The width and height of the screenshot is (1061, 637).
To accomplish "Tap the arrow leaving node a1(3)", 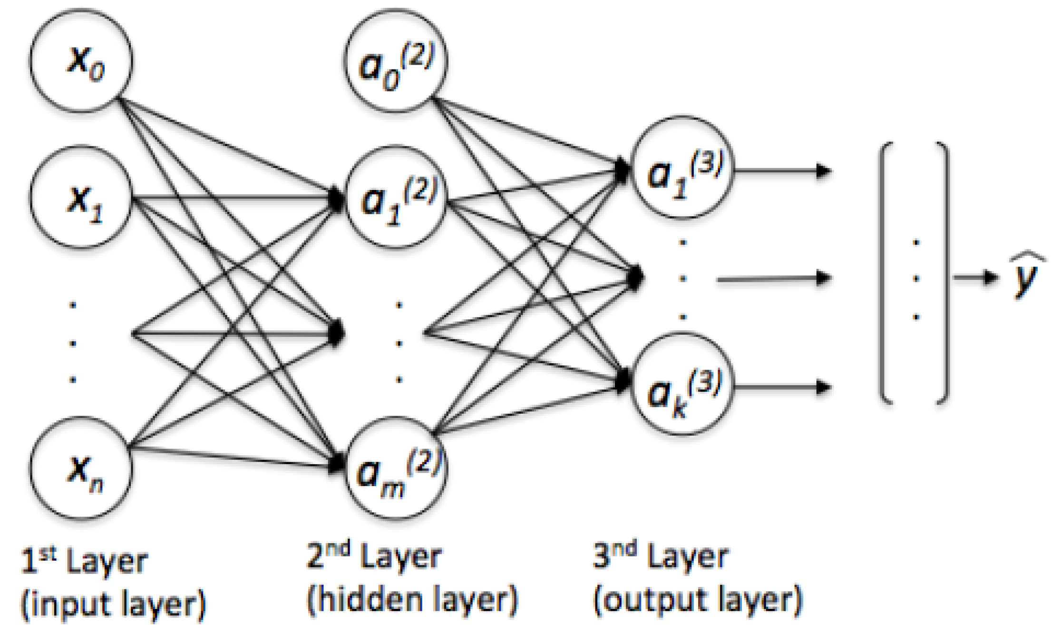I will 782,170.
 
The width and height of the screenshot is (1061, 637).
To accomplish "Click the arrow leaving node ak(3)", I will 782,387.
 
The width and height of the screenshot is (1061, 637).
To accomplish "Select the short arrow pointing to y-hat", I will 975,277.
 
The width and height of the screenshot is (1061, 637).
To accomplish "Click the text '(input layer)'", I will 113,604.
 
